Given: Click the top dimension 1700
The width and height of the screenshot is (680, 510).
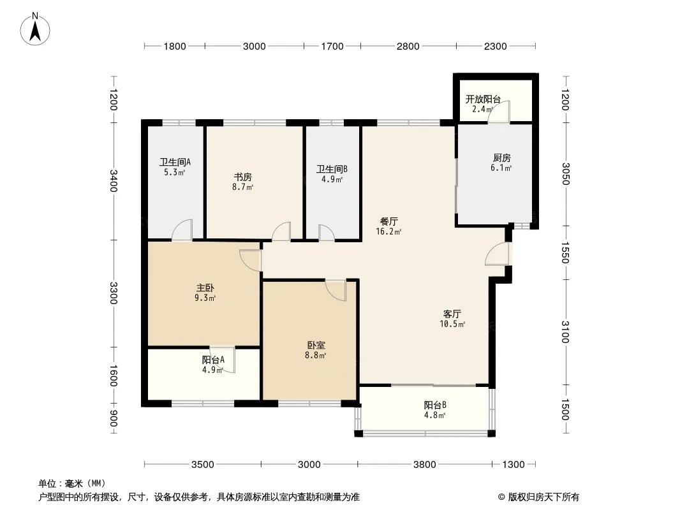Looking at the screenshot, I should tap(332, 46).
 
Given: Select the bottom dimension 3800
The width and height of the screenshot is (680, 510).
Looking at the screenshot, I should tap(424, 464).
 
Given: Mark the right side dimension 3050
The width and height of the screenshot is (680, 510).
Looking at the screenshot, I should tap(565, 174).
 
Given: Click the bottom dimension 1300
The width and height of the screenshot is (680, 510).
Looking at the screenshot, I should tap(513, 464).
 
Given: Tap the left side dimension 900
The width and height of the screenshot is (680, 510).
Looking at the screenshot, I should tap(114, 419).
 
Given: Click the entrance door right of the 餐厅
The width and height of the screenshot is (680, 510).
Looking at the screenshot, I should tap(496, 255).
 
